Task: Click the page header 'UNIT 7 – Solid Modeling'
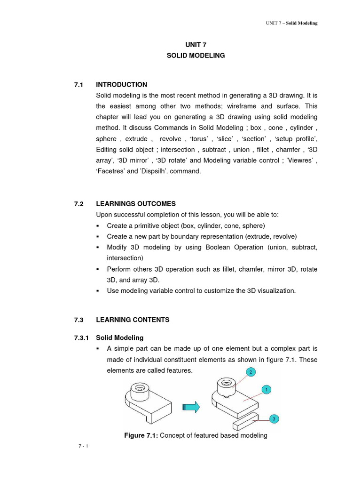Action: (292, 24)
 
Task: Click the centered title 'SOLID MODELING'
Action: (196, 56)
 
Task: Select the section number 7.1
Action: (78, 85)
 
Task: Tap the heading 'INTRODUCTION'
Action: (121, 85)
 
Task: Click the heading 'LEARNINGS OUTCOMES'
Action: (136, 204)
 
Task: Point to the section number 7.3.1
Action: (80, 338)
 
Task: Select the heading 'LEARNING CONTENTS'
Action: (133, 320)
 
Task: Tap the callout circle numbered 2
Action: (251, 372)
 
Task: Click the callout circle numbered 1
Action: (266, 390)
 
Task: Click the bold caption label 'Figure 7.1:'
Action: (141, 436)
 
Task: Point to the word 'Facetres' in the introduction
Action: (109, 172)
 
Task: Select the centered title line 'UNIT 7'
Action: (196, 45)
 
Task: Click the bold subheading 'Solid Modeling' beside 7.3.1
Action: (120, 338)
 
